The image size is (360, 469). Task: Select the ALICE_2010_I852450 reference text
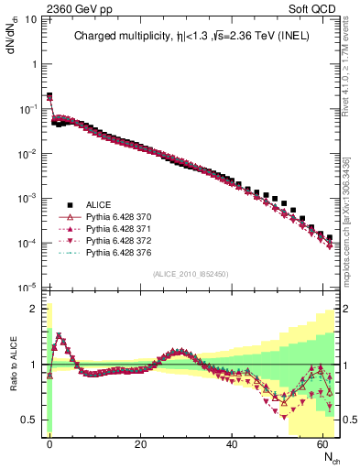coord(191,274)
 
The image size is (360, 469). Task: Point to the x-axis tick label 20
coord(141,444)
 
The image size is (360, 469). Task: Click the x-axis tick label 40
coord(233,444)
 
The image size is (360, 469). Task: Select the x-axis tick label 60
coord(324,444)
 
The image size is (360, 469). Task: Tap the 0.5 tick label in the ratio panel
coord(29,420)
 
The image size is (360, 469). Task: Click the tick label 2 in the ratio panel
coord(35,309)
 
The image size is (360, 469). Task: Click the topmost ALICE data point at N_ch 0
coord(49,95)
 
